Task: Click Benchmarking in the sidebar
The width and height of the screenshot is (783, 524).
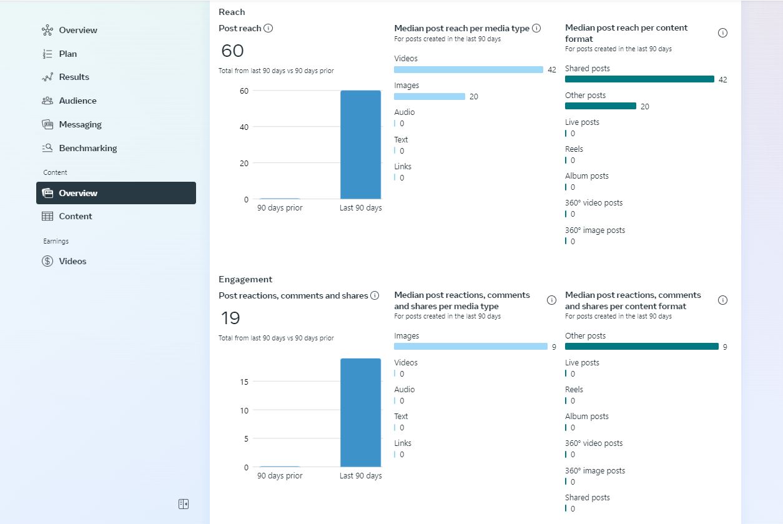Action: [x=87, y=148]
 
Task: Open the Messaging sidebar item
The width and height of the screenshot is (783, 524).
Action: [x=80, y=124]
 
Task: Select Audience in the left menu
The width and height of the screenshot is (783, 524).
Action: [x=77, y=101]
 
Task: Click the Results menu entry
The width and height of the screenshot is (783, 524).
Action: [x=74, y=77]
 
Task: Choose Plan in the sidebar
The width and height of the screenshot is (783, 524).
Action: [x=67, y=54]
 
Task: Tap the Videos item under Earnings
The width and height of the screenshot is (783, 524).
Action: [x=72, y=261]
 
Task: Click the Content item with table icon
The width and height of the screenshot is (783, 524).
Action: [x=75, y=216]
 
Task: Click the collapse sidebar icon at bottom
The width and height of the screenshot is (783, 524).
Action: [x=184, y=504]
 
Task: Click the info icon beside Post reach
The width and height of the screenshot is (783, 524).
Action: [x=268, y=28]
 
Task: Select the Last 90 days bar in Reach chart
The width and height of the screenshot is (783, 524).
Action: [x=360, y=145]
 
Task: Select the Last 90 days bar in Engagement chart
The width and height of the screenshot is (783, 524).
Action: [x=360, y=412]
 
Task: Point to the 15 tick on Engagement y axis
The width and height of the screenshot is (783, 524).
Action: [x=244, y=382]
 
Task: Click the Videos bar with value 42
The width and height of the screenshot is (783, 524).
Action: [x=468, y=69]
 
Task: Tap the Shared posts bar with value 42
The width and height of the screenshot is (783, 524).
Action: [x=639, y=79]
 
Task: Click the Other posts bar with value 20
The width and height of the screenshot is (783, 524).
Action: [x=601, y=106]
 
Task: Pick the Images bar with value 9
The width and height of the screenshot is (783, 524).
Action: [x=471, y=347]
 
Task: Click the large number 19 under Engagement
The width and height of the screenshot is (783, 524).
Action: [x=230, y=319]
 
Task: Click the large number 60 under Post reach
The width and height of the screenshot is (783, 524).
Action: [x=232, y=51]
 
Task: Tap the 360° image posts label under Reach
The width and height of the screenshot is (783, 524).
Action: [x=595, y=230]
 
